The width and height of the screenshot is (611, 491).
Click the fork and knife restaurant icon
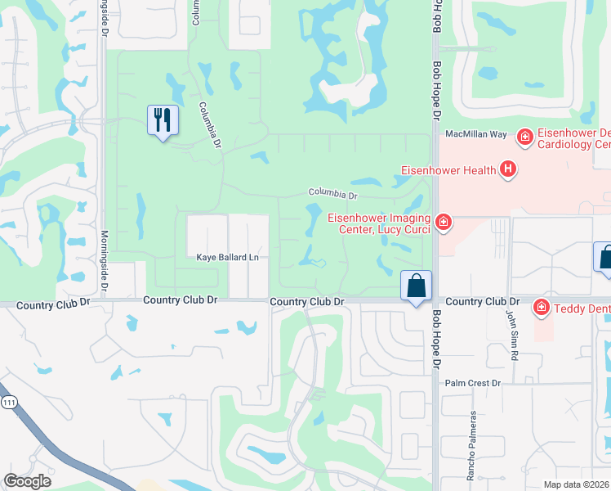click(x=163, y=120)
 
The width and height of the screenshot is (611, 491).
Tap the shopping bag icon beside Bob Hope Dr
click(x=416, y=286)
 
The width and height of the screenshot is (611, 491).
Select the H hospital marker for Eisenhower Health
click(x=508, y=170)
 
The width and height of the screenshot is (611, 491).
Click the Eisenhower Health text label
click(x=448, y=170)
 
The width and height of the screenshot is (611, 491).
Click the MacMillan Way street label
click(x=476, y=133)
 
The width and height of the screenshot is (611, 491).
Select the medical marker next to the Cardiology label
click(x=524, y=136)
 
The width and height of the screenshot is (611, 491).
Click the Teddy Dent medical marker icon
click(x=540, y=307)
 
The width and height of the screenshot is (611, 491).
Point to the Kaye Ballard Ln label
click(x=227, y=258)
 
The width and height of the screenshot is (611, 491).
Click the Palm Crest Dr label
click(x=471, y=382)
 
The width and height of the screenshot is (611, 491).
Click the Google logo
click(x=27, y=481)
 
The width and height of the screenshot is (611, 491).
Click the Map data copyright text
click(x=577, y=484)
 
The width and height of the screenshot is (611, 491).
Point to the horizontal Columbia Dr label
click(x=332, y=194)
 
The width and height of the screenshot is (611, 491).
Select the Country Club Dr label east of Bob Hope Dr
click(x=477, y=301)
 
